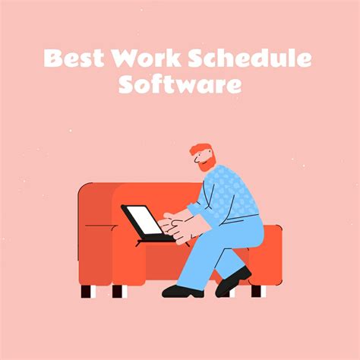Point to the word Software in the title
[x=180, y=84]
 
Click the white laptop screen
[x=145, y=219]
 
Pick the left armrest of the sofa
[x=97, y=228]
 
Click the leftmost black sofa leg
[x=86, y=291]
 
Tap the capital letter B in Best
[x=52, y=58]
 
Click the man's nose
[x=194, y=157]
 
